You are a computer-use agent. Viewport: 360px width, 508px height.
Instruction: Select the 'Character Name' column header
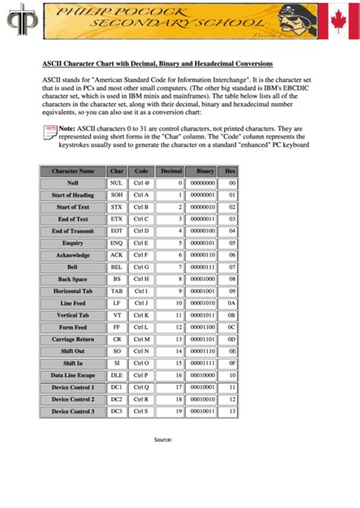73,172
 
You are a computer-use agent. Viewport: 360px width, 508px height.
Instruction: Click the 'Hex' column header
231,172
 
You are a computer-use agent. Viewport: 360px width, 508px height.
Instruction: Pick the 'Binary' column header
204,172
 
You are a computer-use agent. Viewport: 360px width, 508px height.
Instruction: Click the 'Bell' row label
73,267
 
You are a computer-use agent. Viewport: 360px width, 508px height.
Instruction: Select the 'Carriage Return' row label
73,339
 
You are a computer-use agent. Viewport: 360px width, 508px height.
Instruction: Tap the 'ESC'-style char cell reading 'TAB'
116,291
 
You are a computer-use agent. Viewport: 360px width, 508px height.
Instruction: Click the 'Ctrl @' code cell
142,184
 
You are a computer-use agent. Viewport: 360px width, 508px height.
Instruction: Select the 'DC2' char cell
116,399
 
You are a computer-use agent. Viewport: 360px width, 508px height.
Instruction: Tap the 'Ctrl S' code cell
142,411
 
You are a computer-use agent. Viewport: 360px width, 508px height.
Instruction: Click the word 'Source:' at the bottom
163,440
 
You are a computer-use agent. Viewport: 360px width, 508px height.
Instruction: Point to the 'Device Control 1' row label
73,387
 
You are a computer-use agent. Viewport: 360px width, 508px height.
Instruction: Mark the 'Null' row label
73,184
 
